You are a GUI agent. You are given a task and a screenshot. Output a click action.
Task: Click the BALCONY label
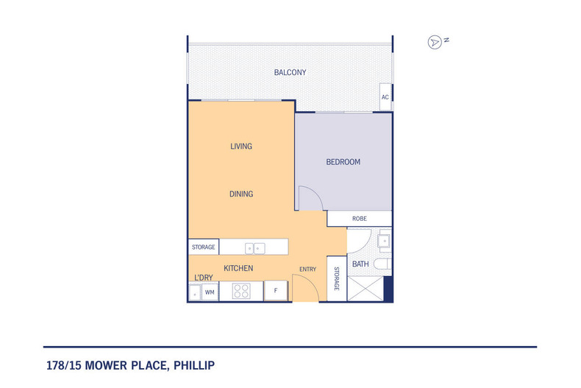(290, 72)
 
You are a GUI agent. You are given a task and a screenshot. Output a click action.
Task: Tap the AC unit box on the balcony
(385, 97)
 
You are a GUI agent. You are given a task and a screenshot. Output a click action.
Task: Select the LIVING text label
(241, 147)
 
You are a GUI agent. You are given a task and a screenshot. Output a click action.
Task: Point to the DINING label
(241, 194)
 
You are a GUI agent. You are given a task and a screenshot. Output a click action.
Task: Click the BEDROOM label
(343, 162)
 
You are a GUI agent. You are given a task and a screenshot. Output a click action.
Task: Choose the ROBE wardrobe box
(360, 219)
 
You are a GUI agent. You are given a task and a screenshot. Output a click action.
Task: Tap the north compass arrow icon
(434, 42)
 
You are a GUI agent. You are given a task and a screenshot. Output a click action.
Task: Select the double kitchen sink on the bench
(254, 247)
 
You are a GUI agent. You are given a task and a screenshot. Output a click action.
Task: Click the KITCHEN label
(238, 269)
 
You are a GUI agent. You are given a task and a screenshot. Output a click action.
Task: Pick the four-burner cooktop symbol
(242, 292)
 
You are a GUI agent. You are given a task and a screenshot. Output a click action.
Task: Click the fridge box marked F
(276, 292)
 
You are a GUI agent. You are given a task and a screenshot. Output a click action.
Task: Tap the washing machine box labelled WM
(210, 292)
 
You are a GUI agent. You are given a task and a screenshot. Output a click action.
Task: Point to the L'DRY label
(203, 278)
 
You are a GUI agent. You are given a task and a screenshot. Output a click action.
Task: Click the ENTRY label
(307, 269)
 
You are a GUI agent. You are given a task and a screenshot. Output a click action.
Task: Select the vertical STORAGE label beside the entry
(336, 279)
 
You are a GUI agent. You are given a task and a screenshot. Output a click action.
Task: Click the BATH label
(360, 264)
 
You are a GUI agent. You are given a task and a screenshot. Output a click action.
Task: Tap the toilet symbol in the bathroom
(383, 264)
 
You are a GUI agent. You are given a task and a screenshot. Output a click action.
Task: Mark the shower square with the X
(366, 289)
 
